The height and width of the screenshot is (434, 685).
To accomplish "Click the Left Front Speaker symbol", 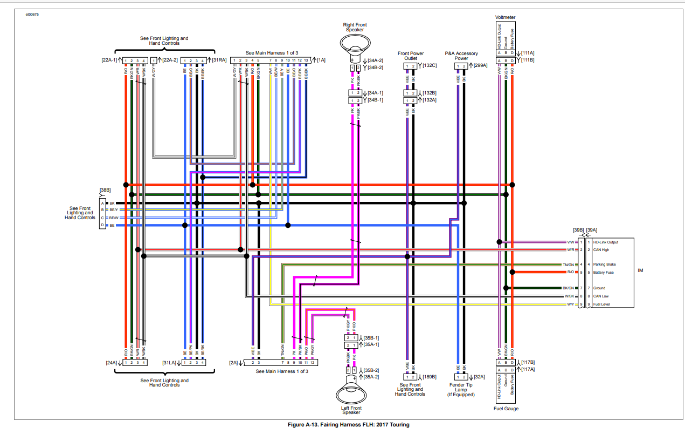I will tap(351, 393).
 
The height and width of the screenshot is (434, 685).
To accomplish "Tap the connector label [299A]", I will tap(480, 65).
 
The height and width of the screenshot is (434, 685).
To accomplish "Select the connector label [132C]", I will tap(430, 65).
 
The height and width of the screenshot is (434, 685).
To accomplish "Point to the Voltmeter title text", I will tap(505, 17).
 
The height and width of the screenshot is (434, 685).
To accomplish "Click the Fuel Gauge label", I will tap(506, 409).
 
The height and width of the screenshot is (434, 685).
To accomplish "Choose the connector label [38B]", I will tap(105, 190).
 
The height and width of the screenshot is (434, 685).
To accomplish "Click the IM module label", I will tap(640, 270).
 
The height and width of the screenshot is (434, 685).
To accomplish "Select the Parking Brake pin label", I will tap(605, 265).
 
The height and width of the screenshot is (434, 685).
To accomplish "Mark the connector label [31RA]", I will tap(219, 59).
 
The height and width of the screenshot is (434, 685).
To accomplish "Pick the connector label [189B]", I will tap(430, 377).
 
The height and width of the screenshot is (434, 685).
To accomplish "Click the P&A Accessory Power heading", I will tap(461, 56).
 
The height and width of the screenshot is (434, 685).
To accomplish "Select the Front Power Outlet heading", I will tap(411, 56).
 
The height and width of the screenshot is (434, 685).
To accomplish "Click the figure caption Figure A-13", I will tap(349, 425).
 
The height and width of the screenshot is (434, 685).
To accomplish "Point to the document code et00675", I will tap(32, 14).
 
